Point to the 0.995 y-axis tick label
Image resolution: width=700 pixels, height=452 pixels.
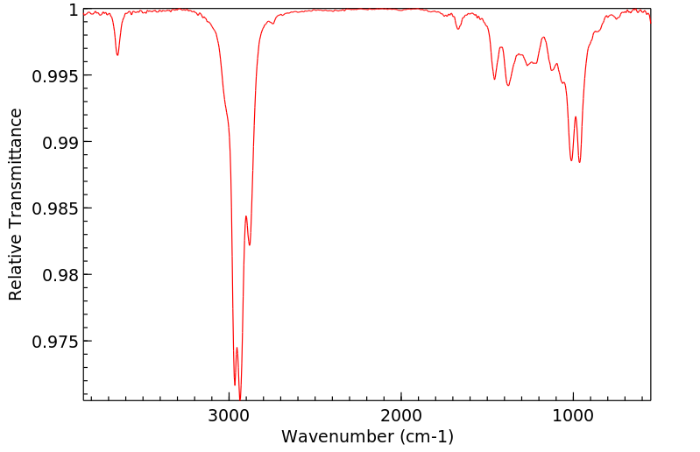coord(55,75)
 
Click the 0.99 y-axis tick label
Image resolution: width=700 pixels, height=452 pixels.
coord(60,142)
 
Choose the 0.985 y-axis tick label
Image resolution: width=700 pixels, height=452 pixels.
coord(55,208)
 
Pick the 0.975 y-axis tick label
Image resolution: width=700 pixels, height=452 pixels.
coord(55,341)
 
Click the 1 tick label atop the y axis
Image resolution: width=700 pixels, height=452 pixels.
coord(74,11)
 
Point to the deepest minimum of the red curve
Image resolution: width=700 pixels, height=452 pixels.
coord(240,399)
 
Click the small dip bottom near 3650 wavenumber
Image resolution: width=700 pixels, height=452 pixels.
coord(117,55)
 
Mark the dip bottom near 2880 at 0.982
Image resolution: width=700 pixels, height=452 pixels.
coord(250,245)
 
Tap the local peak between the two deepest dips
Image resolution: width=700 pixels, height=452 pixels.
coord(237,348)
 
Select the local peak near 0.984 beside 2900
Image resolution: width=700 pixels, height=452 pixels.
coord(246,215)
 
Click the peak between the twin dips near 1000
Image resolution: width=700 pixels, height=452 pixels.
coord(576,117)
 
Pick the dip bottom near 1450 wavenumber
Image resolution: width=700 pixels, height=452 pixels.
coord(495,80)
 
